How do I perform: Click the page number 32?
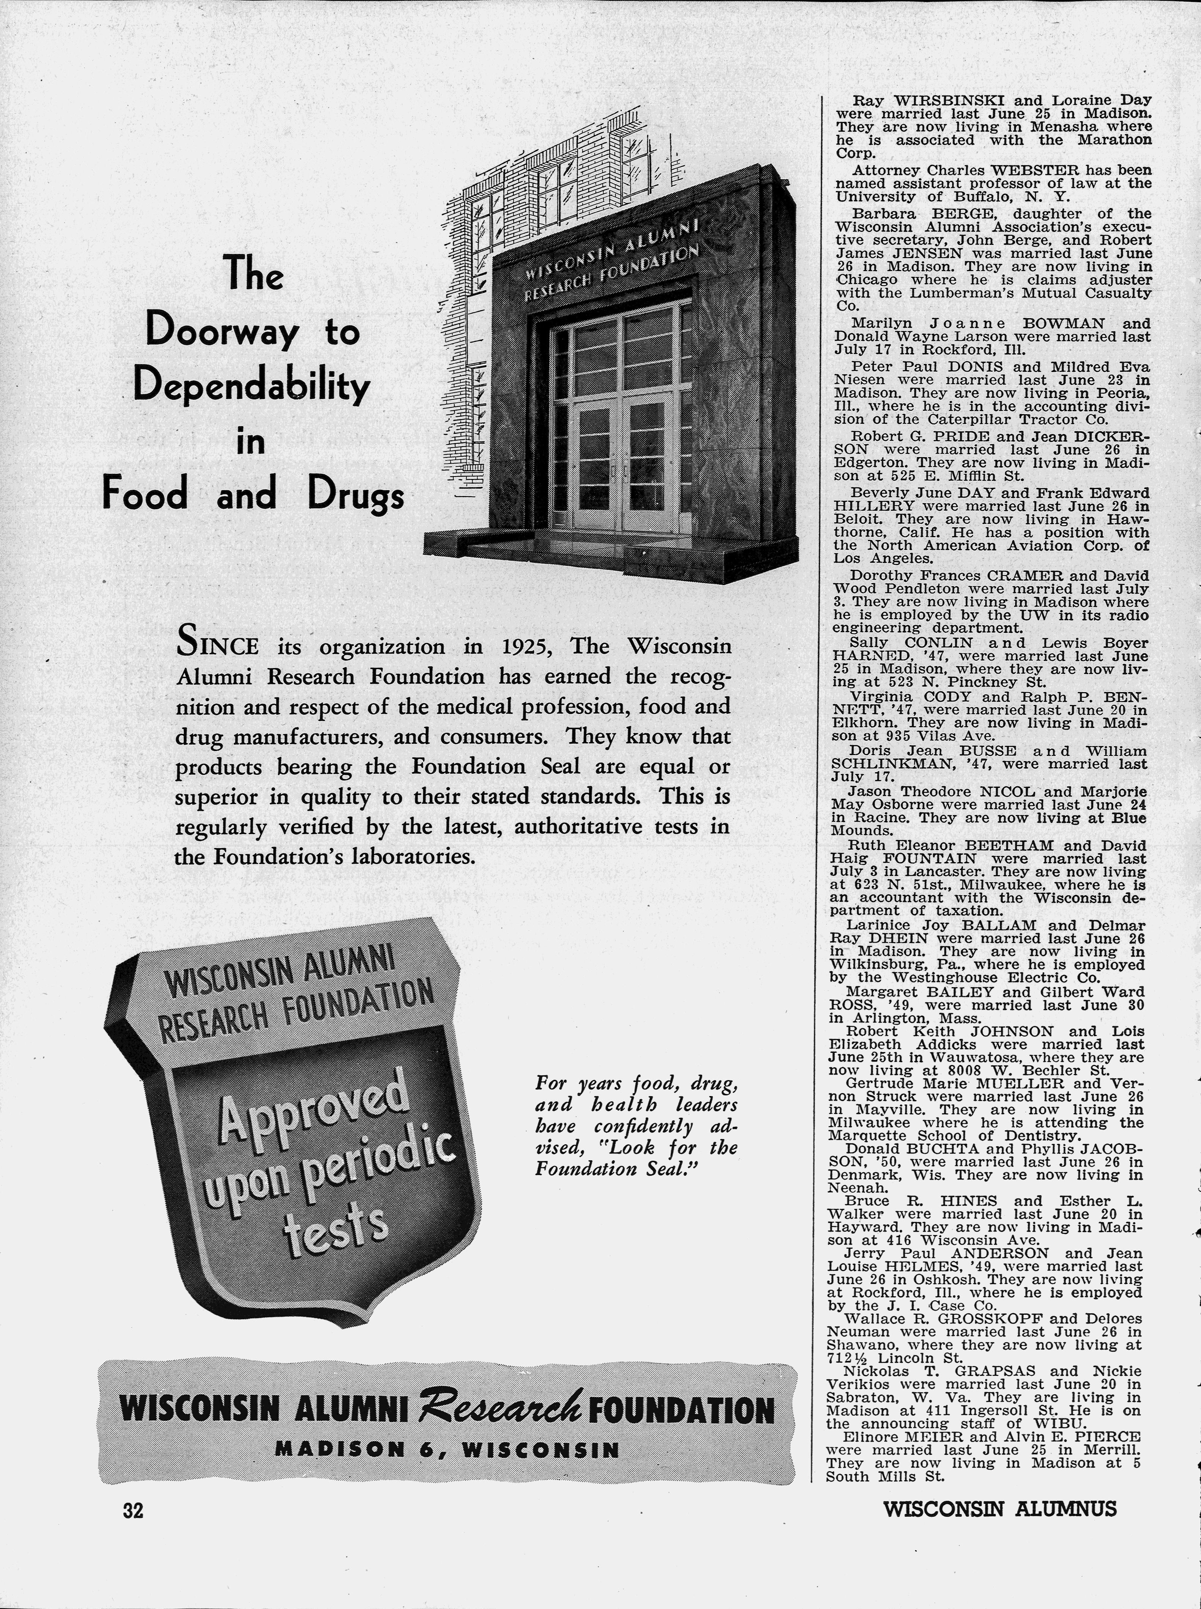(x=133, y=1510)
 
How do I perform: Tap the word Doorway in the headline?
(x=222, y=332)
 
